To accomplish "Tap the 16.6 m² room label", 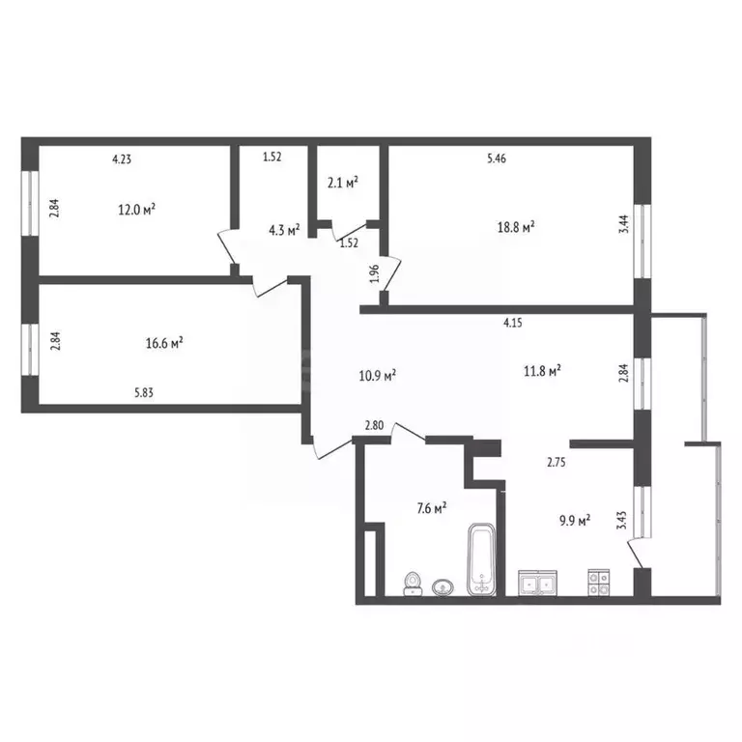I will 165,341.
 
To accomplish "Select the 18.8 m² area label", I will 516,227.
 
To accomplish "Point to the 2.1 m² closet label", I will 343,182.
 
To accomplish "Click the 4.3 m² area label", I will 284,230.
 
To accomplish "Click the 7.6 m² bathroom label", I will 431,508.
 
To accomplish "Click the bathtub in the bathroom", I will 480,559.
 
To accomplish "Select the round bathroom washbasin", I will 444,585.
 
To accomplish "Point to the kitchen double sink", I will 537,583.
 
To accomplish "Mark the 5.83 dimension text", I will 146,391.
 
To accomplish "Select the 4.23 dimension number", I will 123,160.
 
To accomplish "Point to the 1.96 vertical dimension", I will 374,273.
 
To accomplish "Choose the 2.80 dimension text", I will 375,426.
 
